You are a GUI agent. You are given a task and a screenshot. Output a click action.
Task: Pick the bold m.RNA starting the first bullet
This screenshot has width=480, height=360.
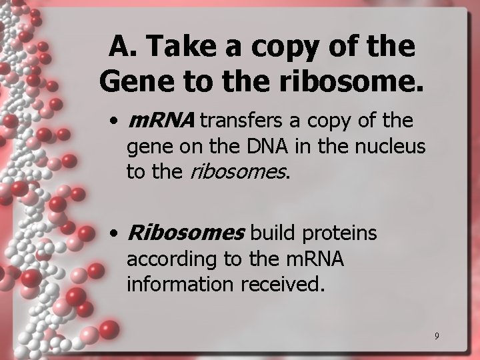(x=160, y=121)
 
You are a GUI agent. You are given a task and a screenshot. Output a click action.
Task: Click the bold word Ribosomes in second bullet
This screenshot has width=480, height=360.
(x=186, y=233)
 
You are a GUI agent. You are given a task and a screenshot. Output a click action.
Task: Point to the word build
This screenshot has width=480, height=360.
(x=275, y=233)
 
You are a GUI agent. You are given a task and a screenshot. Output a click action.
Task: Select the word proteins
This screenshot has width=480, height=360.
(x=341, y=234)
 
